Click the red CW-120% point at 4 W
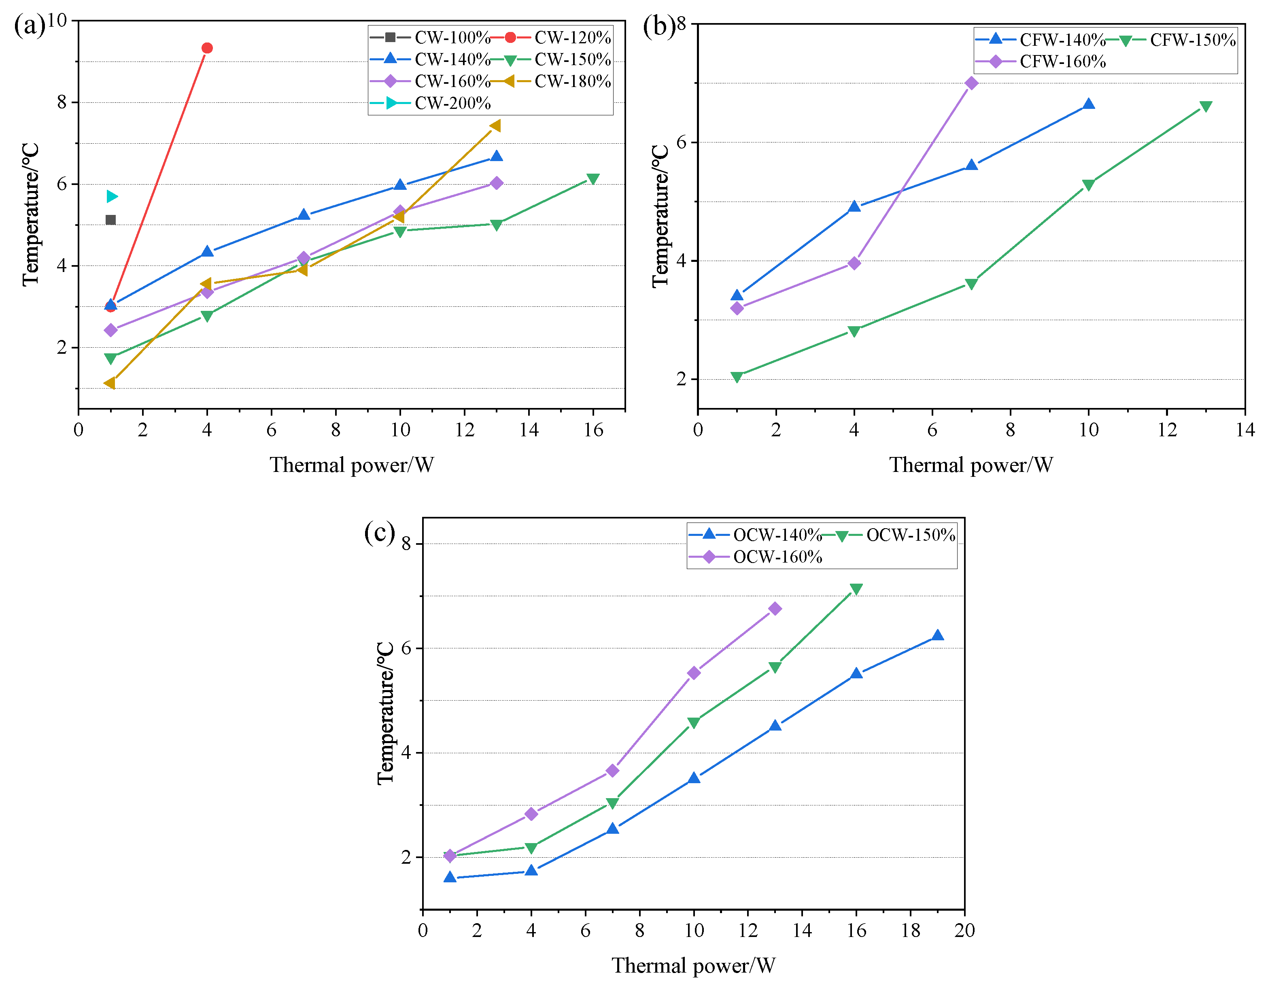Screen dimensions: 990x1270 pyautogui.click(x=207, y=48)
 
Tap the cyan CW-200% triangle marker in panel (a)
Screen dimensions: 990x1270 pyautogui.click(x=112, y=197)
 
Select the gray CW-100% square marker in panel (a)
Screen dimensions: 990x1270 pyautogui.click(x=110, y=219)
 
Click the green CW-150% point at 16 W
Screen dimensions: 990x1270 pyautogui.click(x=593, y=178)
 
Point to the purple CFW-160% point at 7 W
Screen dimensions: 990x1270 pyautogui.click(x=971, y=83)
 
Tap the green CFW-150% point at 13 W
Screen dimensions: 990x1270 pyautogui.click(x=1206, y=106)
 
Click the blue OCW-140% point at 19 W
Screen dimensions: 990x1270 pyautogui.click(x=937, y=636)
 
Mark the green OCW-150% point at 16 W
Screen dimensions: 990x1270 pyautogui.click(x=856, y=589)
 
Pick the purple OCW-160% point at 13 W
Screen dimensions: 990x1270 pyautogui.click(x=775, y=608)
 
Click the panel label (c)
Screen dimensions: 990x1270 pyautogui.click(x=379, y=531)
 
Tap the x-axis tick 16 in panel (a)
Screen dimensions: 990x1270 pyautogui.click(x=593, y=430)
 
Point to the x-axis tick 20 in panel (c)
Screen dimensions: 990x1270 pyautogui.click(x=964, y=930)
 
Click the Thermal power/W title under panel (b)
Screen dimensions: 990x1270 pyautogui.click(x=971, y=465)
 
